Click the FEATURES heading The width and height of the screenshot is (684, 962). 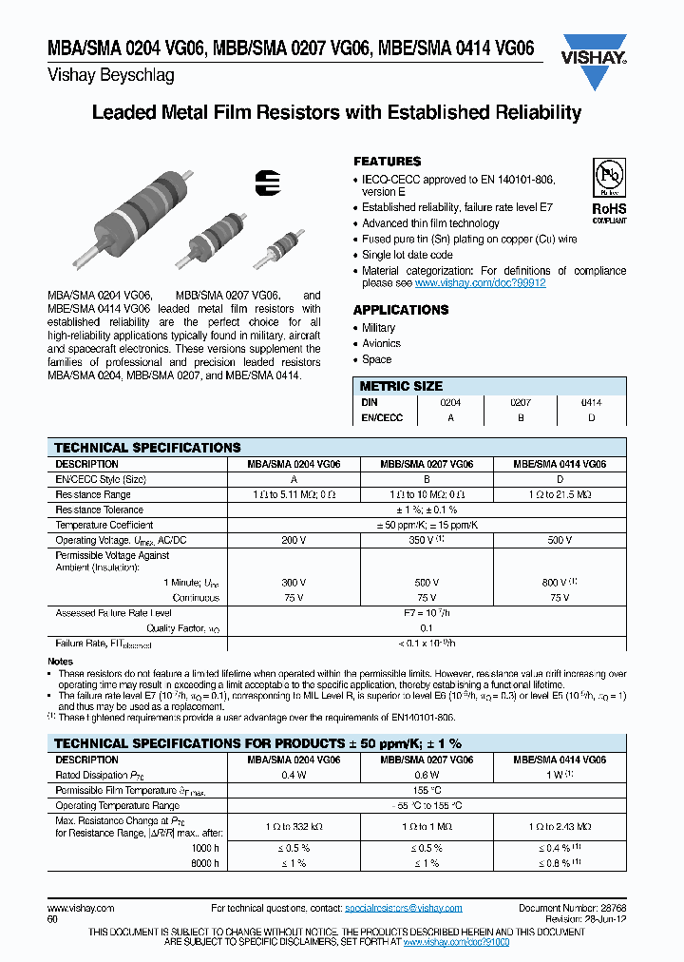(x=387, y=162)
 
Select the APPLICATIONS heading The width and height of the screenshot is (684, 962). (x=400, y=310)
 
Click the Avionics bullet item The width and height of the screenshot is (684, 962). (x=381, y=343)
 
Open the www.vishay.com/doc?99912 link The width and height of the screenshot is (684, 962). (x=480, y=283)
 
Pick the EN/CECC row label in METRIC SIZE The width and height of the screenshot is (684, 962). (x=382, y=417)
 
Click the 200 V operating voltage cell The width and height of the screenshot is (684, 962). (x=294, y=540)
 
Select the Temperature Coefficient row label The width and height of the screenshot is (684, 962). (x=104, y=525)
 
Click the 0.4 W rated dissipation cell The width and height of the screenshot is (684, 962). (x=294, y=775)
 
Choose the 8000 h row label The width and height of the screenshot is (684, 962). (x=203, y=863)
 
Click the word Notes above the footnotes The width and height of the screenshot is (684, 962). (x=60, y=661)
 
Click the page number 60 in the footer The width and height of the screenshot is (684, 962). (x=52, y=920)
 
